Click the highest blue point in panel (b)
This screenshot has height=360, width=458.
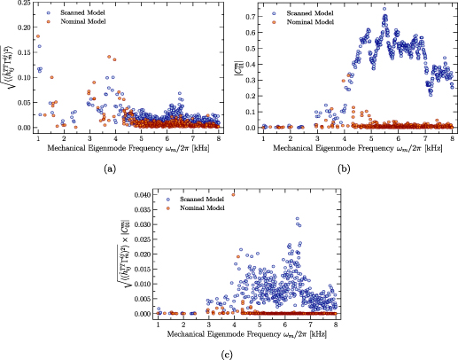(384, 9)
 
